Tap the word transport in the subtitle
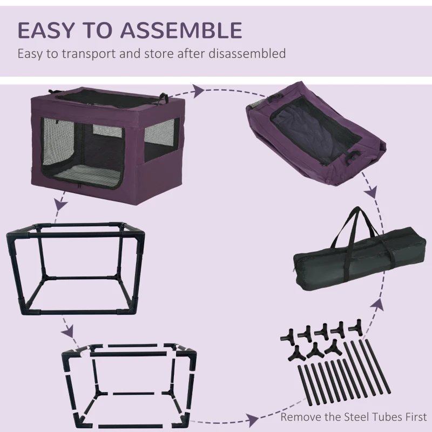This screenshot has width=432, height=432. [85, 54]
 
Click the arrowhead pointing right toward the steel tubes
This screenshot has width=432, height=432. [252, 418]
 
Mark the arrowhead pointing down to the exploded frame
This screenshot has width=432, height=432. [67, 329]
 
